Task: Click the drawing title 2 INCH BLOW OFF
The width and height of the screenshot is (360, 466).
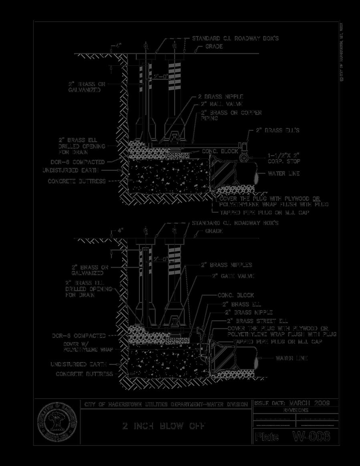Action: tap(164, 426)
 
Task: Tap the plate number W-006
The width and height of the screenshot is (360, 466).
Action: tap(312, 436)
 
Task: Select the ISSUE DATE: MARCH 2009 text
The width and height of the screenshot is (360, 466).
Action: tap(292, 403)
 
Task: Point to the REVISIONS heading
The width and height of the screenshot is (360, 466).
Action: tap(295, 411)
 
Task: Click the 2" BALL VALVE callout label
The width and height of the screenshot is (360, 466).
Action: tap(221, 104)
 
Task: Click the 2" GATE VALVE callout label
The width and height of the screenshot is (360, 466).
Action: tap(233, 276)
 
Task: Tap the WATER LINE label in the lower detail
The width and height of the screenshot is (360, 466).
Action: tap(292, 358)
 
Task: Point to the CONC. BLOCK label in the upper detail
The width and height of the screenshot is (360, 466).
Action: tap(220, 152)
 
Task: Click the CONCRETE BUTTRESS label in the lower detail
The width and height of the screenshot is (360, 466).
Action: tap(84, 374)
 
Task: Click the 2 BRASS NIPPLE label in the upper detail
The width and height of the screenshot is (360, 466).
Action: tap(220, 97)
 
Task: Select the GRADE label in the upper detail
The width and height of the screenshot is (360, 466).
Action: tap(214, 47)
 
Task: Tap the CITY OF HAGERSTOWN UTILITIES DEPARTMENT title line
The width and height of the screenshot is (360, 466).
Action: tap(166, 404)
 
